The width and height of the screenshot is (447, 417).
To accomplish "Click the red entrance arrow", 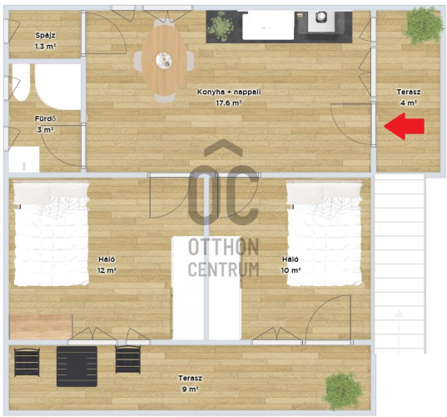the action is (x=405, y=126).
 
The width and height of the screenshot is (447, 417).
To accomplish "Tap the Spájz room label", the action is (x=45, y=35).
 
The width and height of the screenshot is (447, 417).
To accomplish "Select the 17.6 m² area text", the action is (x=229, y=103).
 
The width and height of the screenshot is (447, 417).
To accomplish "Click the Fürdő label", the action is (x=45, y=118).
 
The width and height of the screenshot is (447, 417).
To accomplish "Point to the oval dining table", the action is (x=164, y=60).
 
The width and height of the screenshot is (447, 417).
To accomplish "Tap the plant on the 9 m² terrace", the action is (x=342, y=390).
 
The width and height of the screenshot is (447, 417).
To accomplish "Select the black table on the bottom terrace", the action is (x=77, y=366).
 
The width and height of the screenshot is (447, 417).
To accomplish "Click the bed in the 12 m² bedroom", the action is (x=52, y=234).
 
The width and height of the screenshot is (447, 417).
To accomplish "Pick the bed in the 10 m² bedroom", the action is (x=324, y=234).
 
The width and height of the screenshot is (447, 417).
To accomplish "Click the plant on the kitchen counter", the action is (x=221, y=27).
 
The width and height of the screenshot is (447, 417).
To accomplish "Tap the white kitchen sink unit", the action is (x=268, y=27).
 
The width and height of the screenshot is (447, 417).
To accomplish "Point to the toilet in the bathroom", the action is (x=21, y=83).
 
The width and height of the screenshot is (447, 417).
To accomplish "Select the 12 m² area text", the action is (x=107, y=270).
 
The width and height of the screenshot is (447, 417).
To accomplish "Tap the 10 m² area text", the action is (x=291, y=270).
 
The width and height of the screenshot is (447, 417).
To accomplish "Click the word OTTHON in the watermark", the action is (x=223, y=248).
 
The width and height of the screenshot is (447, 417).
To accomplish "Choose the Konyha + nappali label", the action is (x=229, y=92).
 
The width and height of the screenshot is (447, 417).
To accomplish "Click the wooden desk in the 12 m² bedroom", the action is (x=41, y=326).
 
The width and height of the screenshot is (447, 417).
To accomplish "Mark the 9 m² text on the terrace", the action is (x=190, y=389).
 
